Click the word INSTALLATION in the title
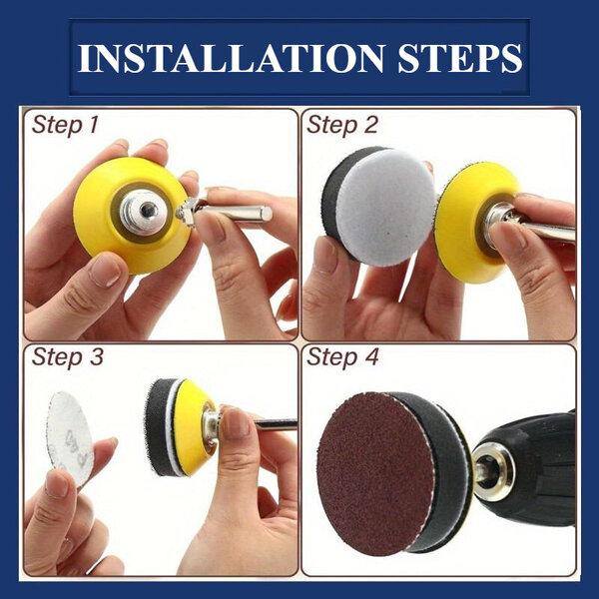pyautogui.click(x=231, y=58)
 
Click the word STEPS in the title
pyautogui.click(x=460, y=58)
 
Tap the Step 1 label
pyautogui.click(x=65, y=126)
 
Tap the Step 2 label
pyautogui.click(x=341, y=126)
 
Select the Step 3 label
pyautogui.click(x=68, y=357)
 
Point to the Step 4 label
pyautogui.click(x=342, y=357)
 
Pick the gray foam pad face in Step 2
pyautogui.click(x=385, y=208)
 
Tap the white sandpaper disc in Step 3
pyautogui.click(x=69, y=435)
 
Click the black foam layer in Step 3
pyautogui.click(x=158, y=427)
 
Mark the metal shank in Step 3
pyautogui.click(x=275, y=424)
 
